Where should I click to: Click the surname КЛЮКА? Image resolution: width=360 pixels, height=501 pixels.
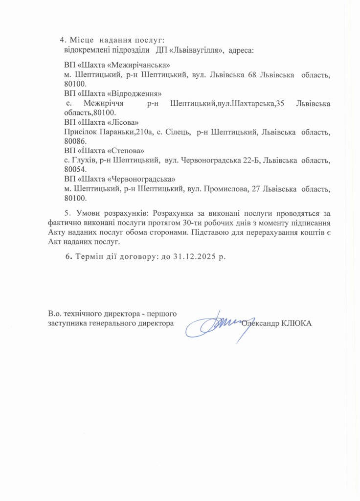click(x=296, y=323)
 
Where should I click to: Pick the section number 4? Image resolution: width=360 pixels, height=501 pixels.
click(x=62, y=39)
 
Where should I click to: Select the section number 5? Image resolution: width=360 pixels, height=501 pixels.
click(x=67, y=213)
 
